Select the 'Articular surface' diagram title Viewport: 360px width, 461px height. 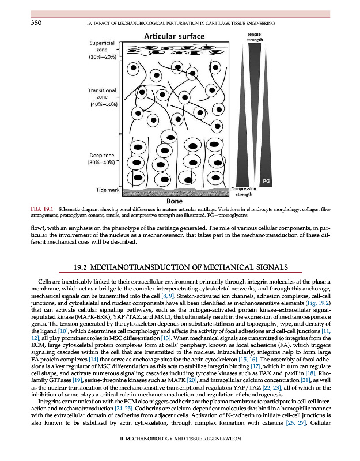click(173, 37)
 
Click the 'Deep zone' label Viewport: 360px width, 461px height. click(102, 158)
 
